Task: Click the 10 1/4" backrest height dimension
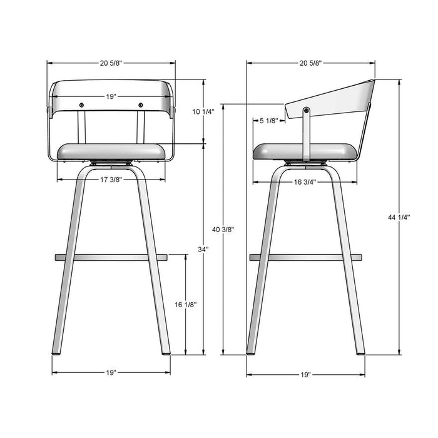(203, 112)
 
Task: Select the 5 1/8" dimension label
(268, 121)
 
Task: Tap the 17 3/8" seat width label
(111, 180)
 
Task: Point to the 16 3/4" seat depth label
(304, 182)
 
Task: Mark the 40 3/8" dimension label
(223, 230)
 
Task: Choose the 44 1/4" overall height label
(399, 217)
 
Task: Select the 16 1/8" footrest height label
(186, 305)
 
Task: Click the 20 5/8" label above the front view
(111, 63)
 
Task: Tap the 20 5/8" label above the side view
(311, 63)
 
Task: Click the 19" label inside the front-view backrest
(111, 97)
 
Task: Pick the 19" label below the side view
(305, 375)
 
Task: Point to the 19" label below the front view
(111, 372)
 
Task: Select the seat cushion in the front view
(111, 151)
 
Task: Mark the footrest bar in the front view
(111, 257)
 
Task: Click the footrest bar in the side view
(306, 257)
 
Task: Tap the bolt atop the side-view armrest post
(306, 111)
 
